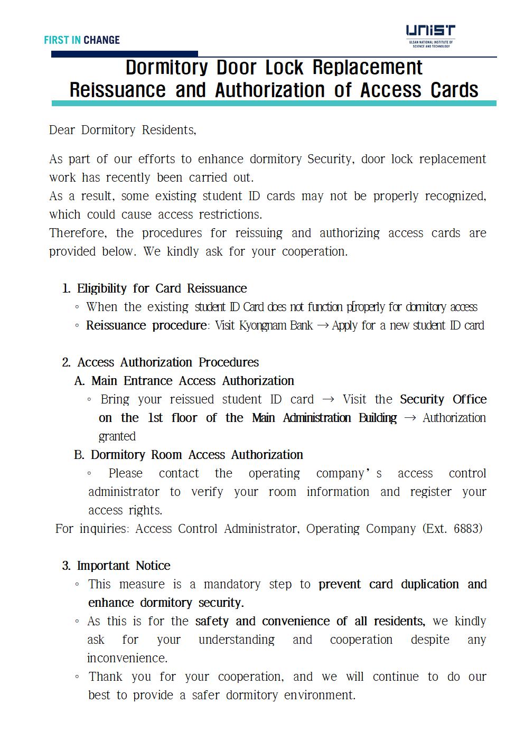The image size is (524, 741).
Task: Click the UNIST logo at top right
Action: (431, 36)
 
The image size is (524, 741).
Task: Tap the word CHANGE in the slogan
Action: (101, 40)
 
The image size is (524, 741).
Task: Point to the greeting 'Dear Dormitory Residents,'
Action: (123, 130)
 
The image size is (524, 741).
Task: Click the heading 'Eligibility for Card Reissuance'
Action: (162, 288)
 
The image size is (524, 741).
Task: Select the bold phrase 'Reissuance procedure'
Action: (146, 325)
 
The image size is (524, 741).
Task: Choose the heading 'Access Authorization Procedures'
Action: (168, 362)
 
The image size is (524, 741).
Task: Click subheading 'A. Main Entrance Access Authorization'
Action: (184, 381)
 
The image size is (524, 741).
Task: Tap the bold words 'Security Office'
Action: (443, 399)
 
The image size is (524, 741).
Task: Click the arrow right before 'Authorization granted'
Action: (409, 418)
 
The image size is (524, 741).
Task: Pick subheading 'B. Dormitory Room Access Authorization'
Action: (189, 455)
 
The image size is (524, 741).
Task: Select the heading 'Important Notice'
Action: (124, 566)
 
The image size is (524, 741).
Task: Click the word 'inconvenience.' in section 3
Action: (127, 658)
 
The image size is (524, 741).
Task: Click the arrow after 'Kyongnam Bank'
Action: (322, 325)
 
